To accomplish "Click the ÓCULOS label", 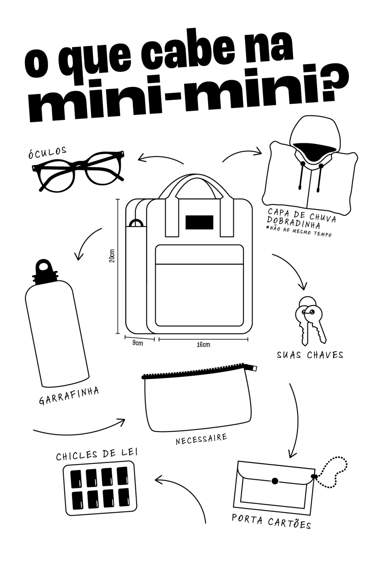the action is tap(47, 152).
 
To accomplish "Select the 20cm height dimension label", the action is tap(112, 256).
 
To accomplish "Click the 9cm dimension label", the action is tap(138, 343).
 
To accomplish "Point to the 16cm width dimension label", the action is tap(203, 345).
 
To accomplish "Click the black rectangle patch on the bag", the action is tap(199, 222).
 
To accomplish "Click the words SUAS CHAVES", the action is tap(310, 355).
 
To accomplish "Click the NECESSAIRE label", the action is tap(201, 439).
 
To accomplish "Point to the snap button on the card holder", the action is tap(275, 481).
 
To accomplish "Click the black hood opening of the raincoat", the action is tap(314, 150).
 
